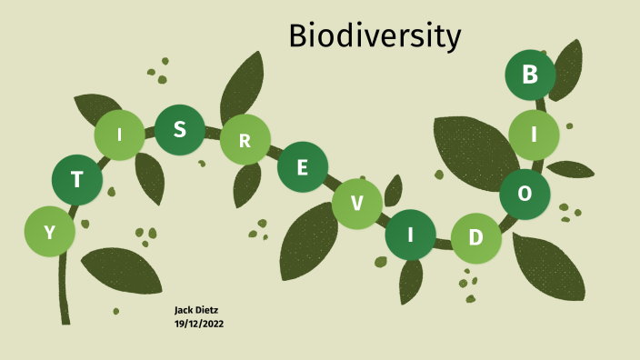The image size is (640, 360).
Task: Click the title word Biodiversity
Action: point(375,36)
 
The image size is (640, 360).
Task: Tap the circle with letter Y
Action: point(50,231)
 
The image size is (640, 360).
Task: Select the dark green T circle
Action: point(76,179)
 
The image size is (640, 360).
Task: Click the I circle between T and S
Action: point(119,136)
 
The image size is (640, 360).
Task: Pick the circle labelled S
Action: point(180,129)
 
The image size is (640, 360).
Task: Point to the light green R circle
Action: point(245,140)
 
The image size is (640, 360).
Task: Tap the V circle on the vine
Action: point(356,204)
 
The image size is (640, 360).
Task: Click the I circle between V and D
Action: point(410,235)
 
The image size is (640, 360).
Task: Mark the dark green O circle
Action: point(525,194)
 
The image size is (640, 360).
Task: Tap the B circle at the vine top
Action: point(530,75)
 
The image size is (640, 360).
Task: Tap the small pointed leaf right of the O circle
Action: point(571,169)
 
